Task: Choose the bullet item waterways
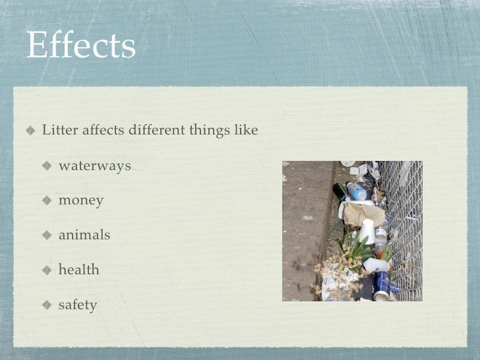95,165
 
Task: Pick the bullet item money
81,200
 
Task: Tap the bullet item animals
84,235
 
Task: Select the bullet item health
79,270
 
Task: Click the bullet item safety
78,305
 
